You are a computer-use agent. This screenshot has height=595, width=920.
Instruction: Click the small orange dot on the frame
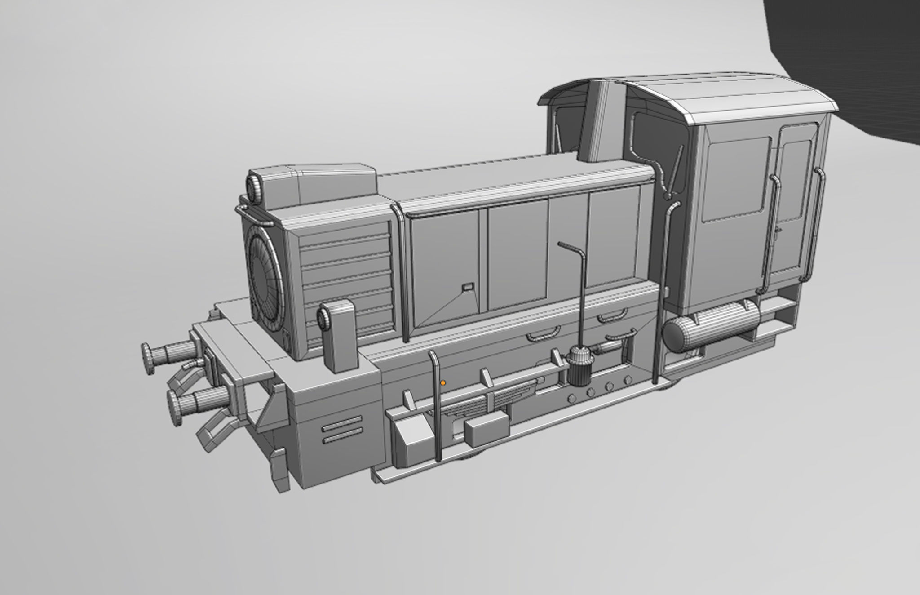(443, 383)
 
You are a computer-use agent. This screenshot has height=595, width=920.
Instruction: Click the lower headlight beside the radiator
(323, 318)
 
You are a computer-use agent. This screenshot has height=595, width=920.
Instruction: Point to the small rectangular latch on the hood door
(468, 286)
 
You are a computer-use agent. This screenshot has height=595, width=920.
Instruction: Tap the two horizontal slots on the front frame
(342, 430)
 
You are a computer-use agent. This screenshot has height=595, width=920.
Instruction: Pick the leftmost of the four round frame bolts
(571, 398)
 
